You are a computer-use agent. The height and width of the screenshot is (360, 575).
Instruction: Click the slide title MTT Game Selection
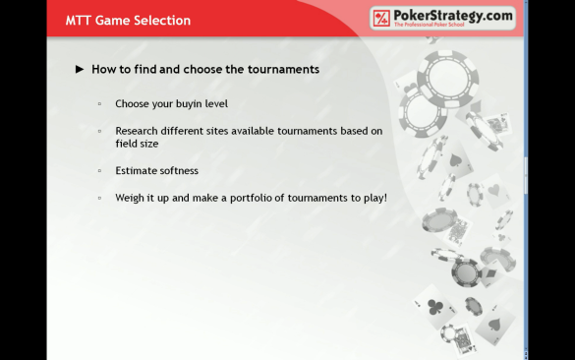pyautogui.click(x=128, y=21)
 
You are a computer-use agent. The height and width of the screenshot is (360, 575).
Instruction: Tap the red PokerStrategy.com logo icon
pyautogui.click(x=381, y=18)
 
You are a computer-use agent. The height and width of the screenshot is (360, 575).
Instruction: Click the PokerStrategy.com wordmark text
pyautogui.click(x=453, y=16)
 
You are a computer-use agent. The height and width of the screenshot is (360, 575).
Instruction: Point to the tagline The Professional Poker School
pyautogui.click(x=430, y=25)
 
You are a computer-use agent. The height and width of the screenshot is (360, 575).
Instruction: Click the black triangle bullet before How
pyautogui.click(x=80, y=69)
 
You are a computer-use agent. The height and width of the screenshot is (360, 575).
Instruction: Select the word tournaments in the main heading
pyautogui.click(x=283, y=69)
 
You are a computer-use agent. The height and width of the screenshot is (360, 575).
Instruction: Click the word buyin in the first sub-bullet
pyautogui.click(x=189, y=104)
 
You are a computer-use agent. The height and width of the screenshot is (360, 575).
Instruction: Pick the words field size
pyautogui.click(x=137, y=144)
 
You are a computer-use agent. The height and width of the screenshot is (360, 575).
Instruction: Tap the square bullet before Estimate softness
pyautogui.click(x=99, y=170)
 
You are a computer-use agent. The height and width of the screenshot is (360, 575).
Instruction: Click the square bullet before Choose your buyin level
pyautogui.click(x=99, y=104)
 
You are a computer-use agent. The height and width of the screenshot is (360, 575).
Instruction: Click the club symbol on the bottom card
pyautogui.click(x=434, y=307)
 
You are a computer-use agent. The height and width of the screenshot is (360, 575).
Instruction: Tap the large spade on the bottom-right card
pyautogui.click(x=494, y=324)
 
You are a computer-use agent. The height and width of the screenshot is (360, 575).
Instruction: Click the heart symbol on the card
pyautogui.click(x=494, y=190)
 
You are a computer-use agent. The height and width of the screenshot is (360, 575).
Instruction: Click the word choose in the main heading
pyautogui.click(x=202, y=69)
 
